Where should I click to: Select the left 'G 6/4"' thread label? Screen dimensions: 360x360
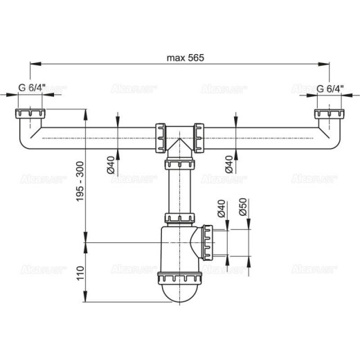(x=31, y=89)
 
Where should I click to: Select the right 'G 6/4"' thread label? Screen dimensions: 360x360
(x=331, y=89)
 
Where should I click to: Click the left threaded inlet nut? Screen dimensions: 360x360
(x=28, y=114)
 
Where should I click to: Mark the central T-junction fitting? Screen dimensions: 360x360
(x=179, y=134)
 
